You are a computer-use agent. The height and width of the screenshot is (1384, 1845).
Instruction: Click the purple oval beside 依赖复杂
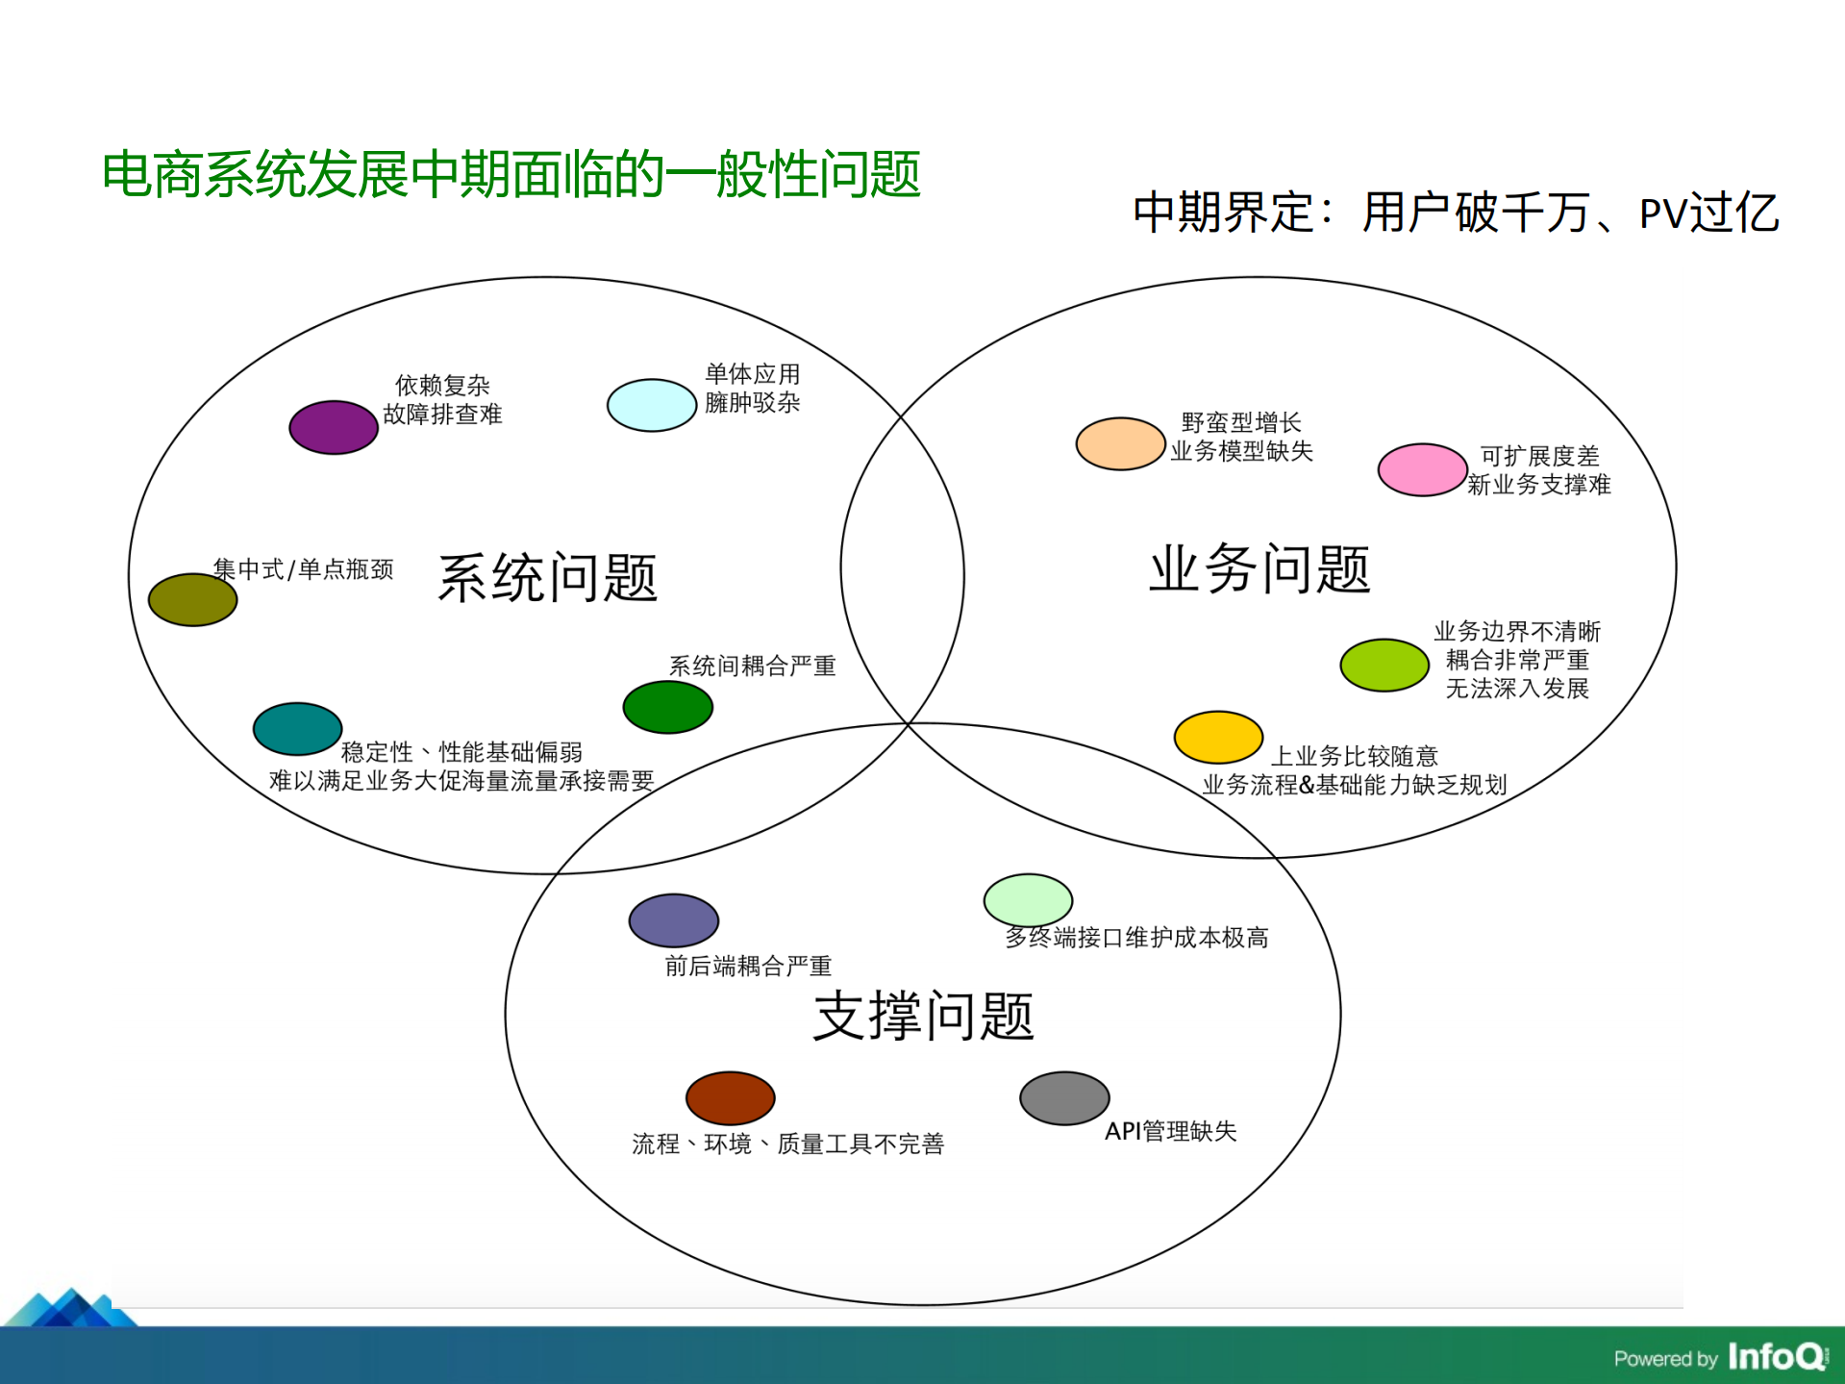tap(333, 427)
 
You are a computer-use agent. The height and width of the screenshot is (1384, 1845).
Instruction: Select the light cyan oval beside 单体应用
tap(651, 405)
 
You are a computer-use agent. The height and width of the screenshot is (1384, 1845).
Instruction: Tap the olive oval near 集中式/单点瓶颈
tap(192, 600)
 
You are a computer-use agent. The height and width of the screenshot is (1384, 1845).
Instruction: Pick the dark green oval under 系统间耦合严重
tap(667, 707)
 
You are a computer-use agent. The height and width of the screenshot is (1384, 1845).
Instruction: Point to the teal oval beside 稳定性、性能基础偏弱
tap(297, 729)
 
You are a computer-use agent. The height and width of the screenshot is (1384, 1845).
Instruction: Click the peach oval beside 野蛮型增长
tap(1120, 443)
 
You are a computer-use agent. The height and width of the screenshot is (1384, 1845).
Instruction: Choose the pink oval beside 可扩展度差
tap(1422, 469)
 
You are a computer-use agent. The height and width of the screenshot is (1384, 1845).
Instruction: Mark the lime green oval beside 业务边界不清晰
tap(1384, 665)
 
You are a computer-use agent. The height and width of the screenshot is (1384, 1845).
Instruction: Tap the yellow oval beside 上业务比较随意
tap(1218, 738)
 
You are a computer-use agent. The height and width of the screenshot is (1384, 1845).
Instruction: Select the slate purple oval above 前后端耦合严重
tap(673, 920)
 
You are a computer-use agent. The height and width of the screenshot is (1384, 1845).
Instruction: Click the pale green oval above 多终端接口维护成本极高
tap(1028, 900)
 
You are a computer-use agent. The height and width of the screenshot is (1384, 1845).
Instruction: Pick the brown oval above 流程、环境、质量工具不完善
tap(730, 1097)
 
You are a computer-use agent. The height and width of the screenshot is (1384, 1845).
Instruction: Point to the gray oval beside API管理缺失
tap(1064, 1097)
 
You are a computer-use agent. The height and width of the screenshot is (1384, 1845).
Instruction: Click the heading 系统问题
tap(547, 578)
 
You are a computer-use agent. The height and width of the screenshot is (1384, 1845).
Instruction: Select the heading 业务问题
tap(1259, 568)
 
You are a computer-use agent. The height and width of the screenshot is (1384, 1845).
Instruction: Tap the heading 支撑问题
tap(923, 1017)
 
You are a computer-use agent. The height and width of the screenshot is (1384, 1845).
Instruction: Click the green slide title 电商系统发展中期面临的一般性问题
tap(511, 175)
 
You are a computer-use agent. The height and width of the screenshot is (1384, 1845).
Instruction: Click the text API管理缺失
tap(1170, 1131)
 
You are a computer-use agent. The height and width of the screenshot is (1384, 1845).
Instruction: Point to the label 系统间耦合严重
tap(752, 666)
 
